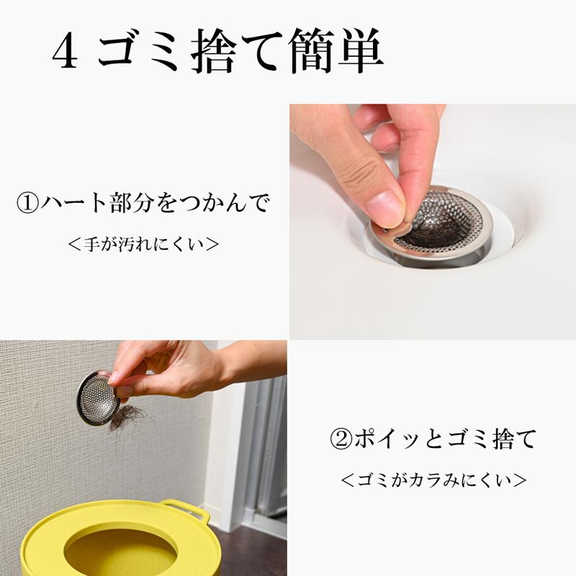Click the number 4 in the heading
[65, 50]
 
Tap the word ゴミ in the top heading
[138, 50]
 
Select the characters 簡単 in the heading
[336, 50]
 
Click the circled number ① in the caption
[27, 203]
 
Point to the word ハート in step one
[74, 203]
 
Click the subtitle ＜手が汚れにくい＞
[143, 244]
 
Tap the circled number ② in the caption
[341, 439]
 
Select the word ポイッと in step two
[399, 439]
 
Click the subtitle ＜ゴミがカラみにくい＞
[433, 480]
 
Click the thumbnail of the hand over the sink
[433, 222]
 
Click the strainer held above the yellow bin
[98, 399]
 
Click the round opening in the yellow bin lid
[121, 553]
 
